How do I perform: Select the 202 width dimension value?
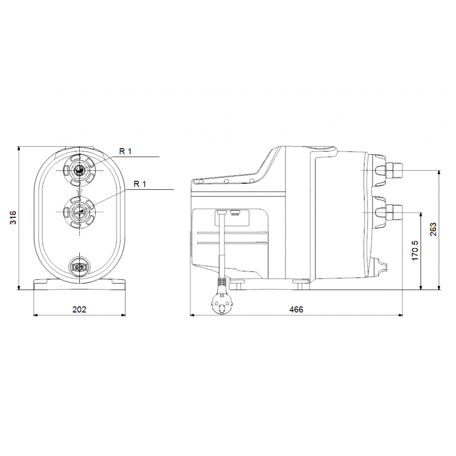[x=79, y=309]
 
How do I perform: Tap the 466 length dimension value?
[x=296, y=309]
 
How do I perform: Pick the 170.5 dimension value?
[x=415, y=251]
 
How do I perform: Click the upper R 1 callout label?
[x=125, y=151]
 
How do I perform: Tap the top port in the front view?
[x=79, y=170]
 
